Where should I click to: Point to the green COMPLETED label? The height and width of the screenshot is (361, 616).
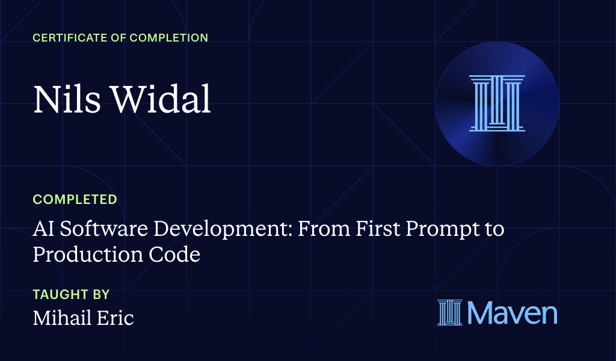(75, 199)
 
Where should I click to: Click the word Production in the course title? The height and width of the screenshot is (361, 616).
(84, 255)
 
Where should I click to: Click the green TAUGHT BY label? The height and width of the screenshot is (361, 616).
(71, 294)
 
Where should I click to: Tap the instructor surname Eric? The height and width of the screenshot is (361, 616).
(117, 318)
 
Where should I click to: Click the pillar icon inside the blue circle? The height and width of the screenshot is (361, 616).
(497, 103)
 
